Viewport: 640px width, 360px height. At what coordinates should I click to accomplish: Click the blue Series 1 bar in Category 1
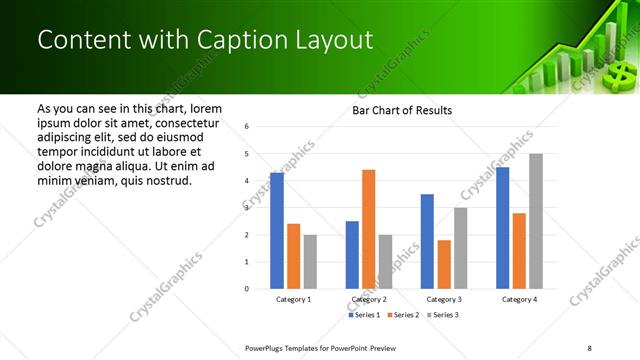pyautogui.click(x=277, y=231)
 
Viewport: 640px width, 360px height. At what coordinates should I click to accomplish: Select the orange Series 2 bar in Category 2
pyautogui.click(x=368, y=229)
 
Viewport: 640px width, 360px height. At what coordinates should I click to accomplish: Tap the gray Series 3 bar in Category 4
pyautogui.click(x=536, y=221)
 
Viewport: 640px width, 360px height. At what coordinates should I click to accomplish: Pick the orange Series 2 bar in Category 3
pyautogui.click(x=444, y=264)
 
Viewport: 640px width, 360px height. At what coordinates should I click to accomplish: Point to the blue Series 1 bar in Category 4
pyautogui.click(x=502, y=228)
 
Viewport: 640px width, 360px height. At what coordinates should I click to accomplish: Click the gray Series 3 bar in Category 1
pyautogui.click(x=310, y=262)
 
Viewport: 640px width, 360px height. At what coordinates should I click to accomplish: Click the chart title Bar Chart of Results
pyautogui.click(x=402, y=110)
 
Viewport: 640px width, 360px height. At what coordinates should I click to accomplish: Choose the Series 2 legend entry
pyautogui.click(x=403, y=315)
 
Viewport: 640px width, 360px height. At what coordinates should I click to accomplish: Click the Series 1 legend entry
pyautogui.click(x=365, y=315)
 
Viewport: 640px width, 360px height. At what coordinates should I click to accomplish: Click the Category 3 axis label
pyautogui.click(x=443, y=299)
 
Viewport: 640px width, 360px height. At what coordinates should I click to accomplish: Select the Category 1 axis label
pyautogui.click(x=293, y=299)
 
